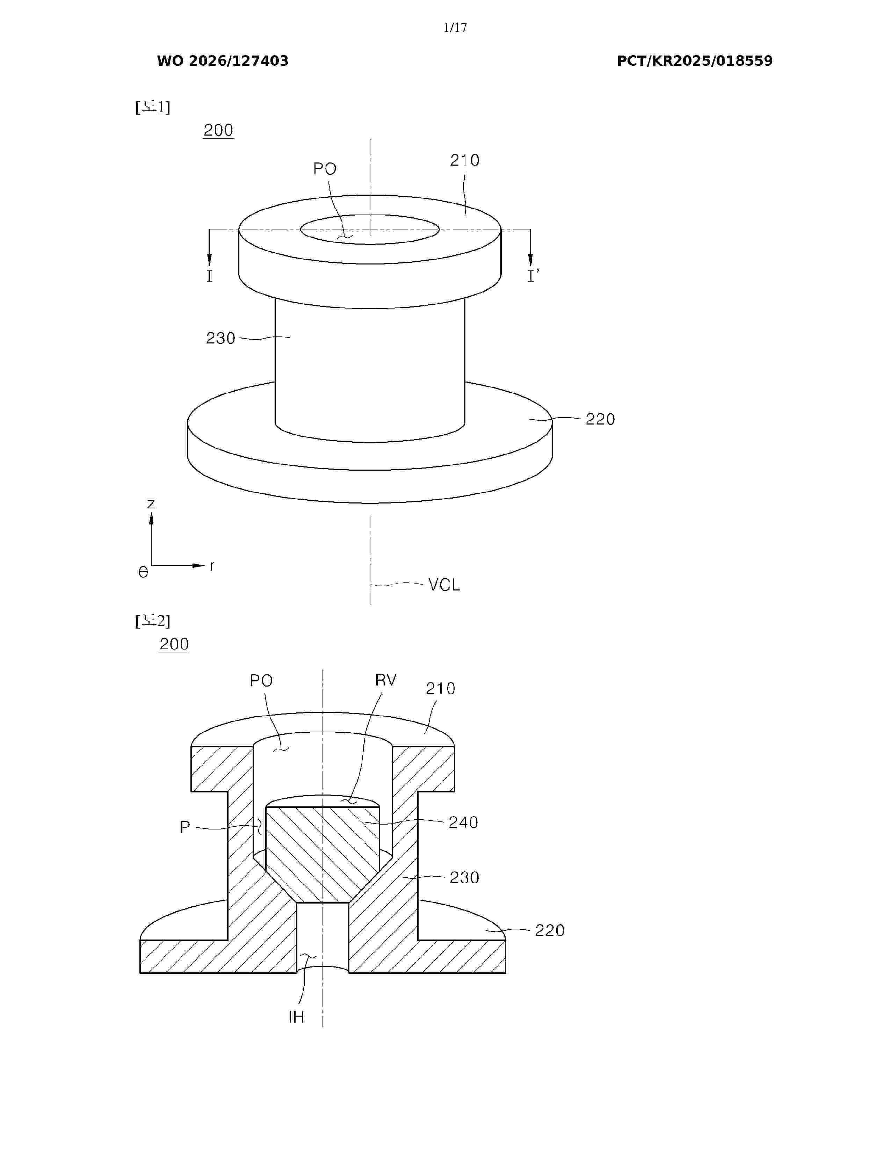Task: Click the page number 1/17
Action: tap(455, 28)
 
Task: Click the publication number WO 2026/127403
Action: tap(223, 61)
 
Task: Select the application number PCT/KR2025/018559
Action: tap(695, 61)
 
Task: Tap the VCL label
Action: tap(444, 585)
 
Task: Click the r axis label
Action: tap(212, 566)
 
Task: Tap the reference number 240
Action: tap(463, 822)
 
